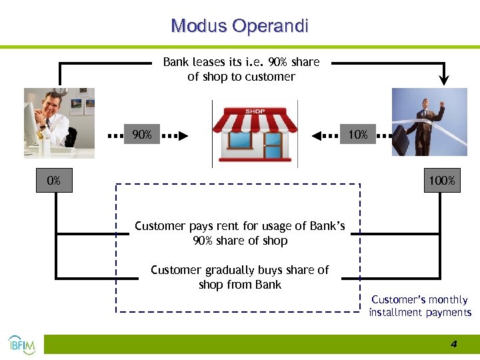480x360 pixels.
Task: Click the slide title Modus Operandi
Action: coord(239,26)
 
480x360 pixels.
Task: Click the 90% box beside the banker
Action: coord(141,135)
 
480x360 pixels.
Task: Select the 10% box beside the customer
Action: coord(357,135)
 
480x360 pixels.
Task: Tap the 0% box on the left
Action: coord(54,181)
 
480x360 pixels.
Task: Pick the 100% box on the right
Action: coord(442,181)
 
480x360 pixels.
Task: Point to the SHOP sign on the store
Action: coord(255,111)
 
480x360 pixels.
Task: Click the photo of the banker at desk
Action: coord(59,123)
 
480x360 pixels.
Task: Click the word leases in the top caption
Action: coord(207,62)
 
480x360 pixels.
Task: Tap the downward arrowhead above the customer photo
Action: coord(445,81)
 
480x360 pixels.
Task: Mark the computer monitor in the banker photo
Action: coord(31,124)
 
